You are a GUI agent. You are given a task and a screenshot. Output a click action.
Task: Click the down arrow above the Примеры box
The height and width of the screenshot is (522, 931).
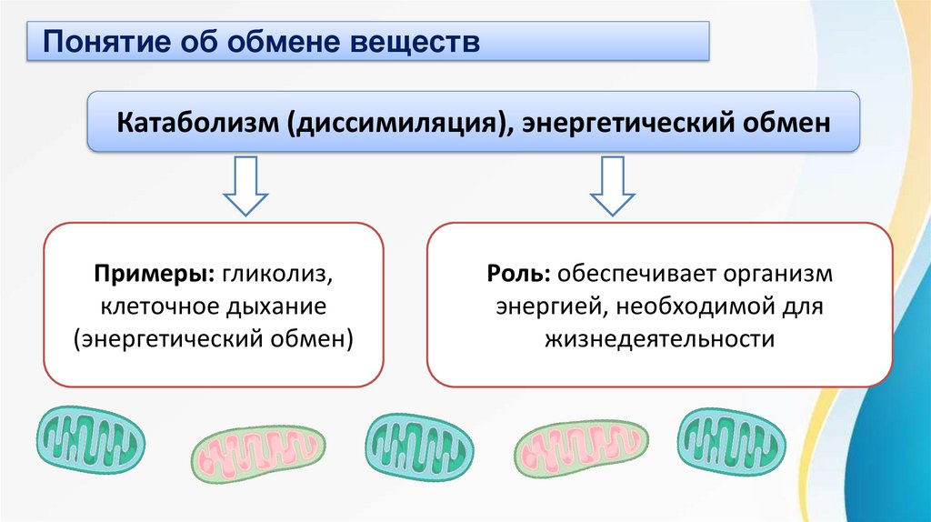point(245,186)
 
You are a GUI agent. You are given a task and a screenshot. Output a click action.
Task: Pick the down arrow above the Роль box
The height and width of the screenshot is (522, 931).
point(614,186)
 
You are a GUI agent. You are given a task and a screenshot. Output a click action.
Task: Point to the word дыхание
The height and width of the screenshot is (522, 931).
point(273,306)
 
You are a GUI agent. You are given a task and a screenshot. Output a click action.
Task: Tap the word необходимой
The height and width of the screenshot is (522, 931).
point(689,306)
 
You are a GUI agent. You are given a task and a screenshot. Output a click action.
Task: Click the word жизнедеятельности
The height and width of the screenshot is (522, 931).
point(660,339)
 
